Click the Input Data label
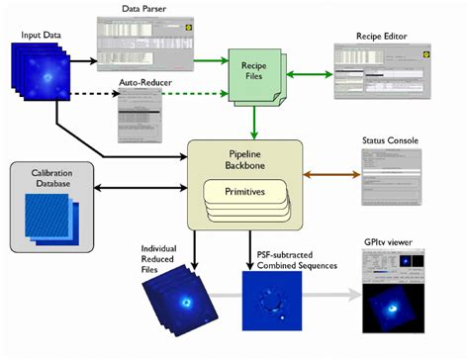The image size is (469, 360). click(x=41, y=35)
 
